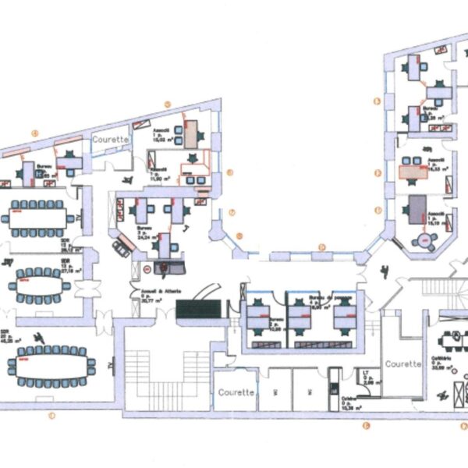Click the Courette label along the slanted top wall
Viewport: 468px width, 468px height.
(110, 138)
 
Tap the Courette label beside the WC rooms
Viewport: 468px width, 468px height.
(236, 392)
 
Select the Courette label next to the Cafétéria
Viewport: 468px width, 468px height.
(402, 364)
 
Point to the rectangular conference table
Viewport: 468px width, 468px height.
(37, 216)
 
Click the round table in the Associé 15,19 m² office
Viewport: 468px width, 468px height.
(423, 239)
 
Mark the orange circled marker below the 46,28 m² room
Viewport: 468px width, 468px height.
(51, 416)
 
